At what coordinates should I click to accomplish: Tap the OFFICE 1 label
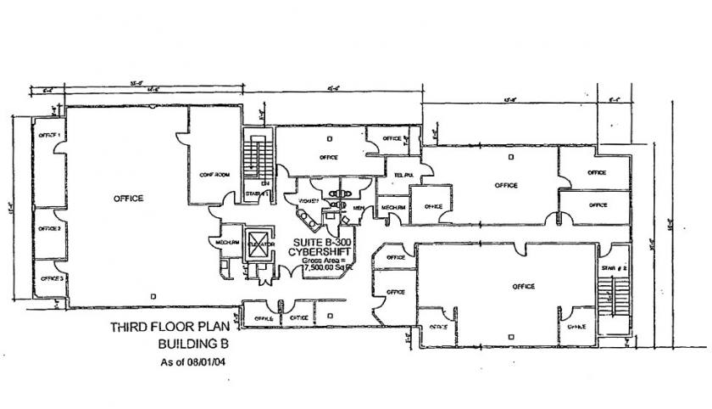coord(49,135)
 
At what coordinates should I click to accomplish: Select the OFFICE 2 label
coord(49,229)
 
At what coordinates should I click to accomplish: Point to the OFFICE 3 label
coord(52,278)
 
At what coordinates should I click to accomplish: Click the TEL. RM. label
coord(396,176)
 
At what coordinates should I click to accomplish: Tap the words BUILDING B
coord(189,345)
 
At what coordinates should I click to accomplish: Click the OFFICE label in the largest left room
coord(129,199)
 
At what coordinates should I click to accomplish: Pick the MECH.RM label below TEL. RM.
coord(393,207)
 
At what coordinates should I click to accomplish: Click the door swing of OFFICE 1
coord(60,148)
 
